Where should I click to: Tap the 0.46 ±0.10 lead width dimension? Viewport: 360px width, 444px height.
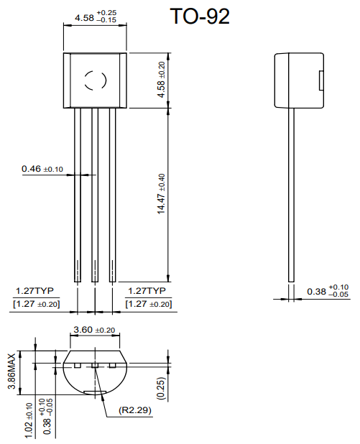(x=42, y=169)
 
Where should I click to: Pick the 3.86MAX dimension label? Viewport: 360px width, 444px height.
(x=11, y=372)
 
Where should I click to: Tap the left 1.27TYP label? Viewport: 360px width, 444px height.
(x=36, y=291)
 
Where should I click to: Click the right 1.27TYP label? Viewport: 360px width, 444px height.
(x=147, y=291)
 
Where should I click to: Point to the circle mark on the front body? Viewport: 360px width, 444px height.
(x=95, y=80)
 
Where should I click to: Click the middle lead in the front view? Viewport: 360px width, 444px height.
(x=95, y=194)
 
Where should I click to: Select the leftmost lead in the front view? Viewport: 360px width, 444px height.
(x=77, y=194)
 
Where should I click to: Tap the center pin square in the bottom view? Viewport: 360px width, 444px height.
(x=95, y=366)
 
